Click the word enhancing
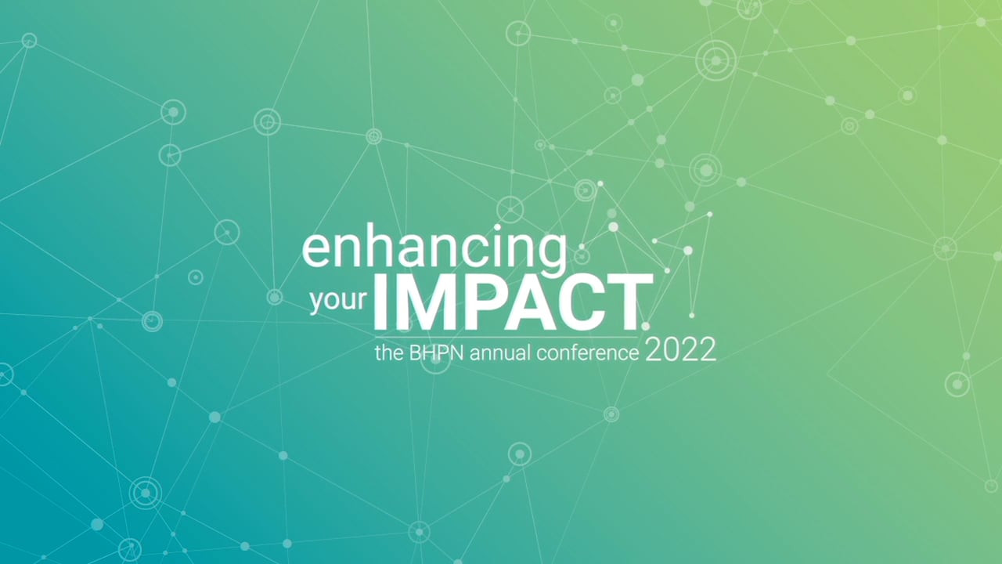coord(434,251)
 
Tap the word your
coord(338,302)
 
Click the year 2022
coord(680,350)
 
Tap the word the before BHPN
coord(390,353)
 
